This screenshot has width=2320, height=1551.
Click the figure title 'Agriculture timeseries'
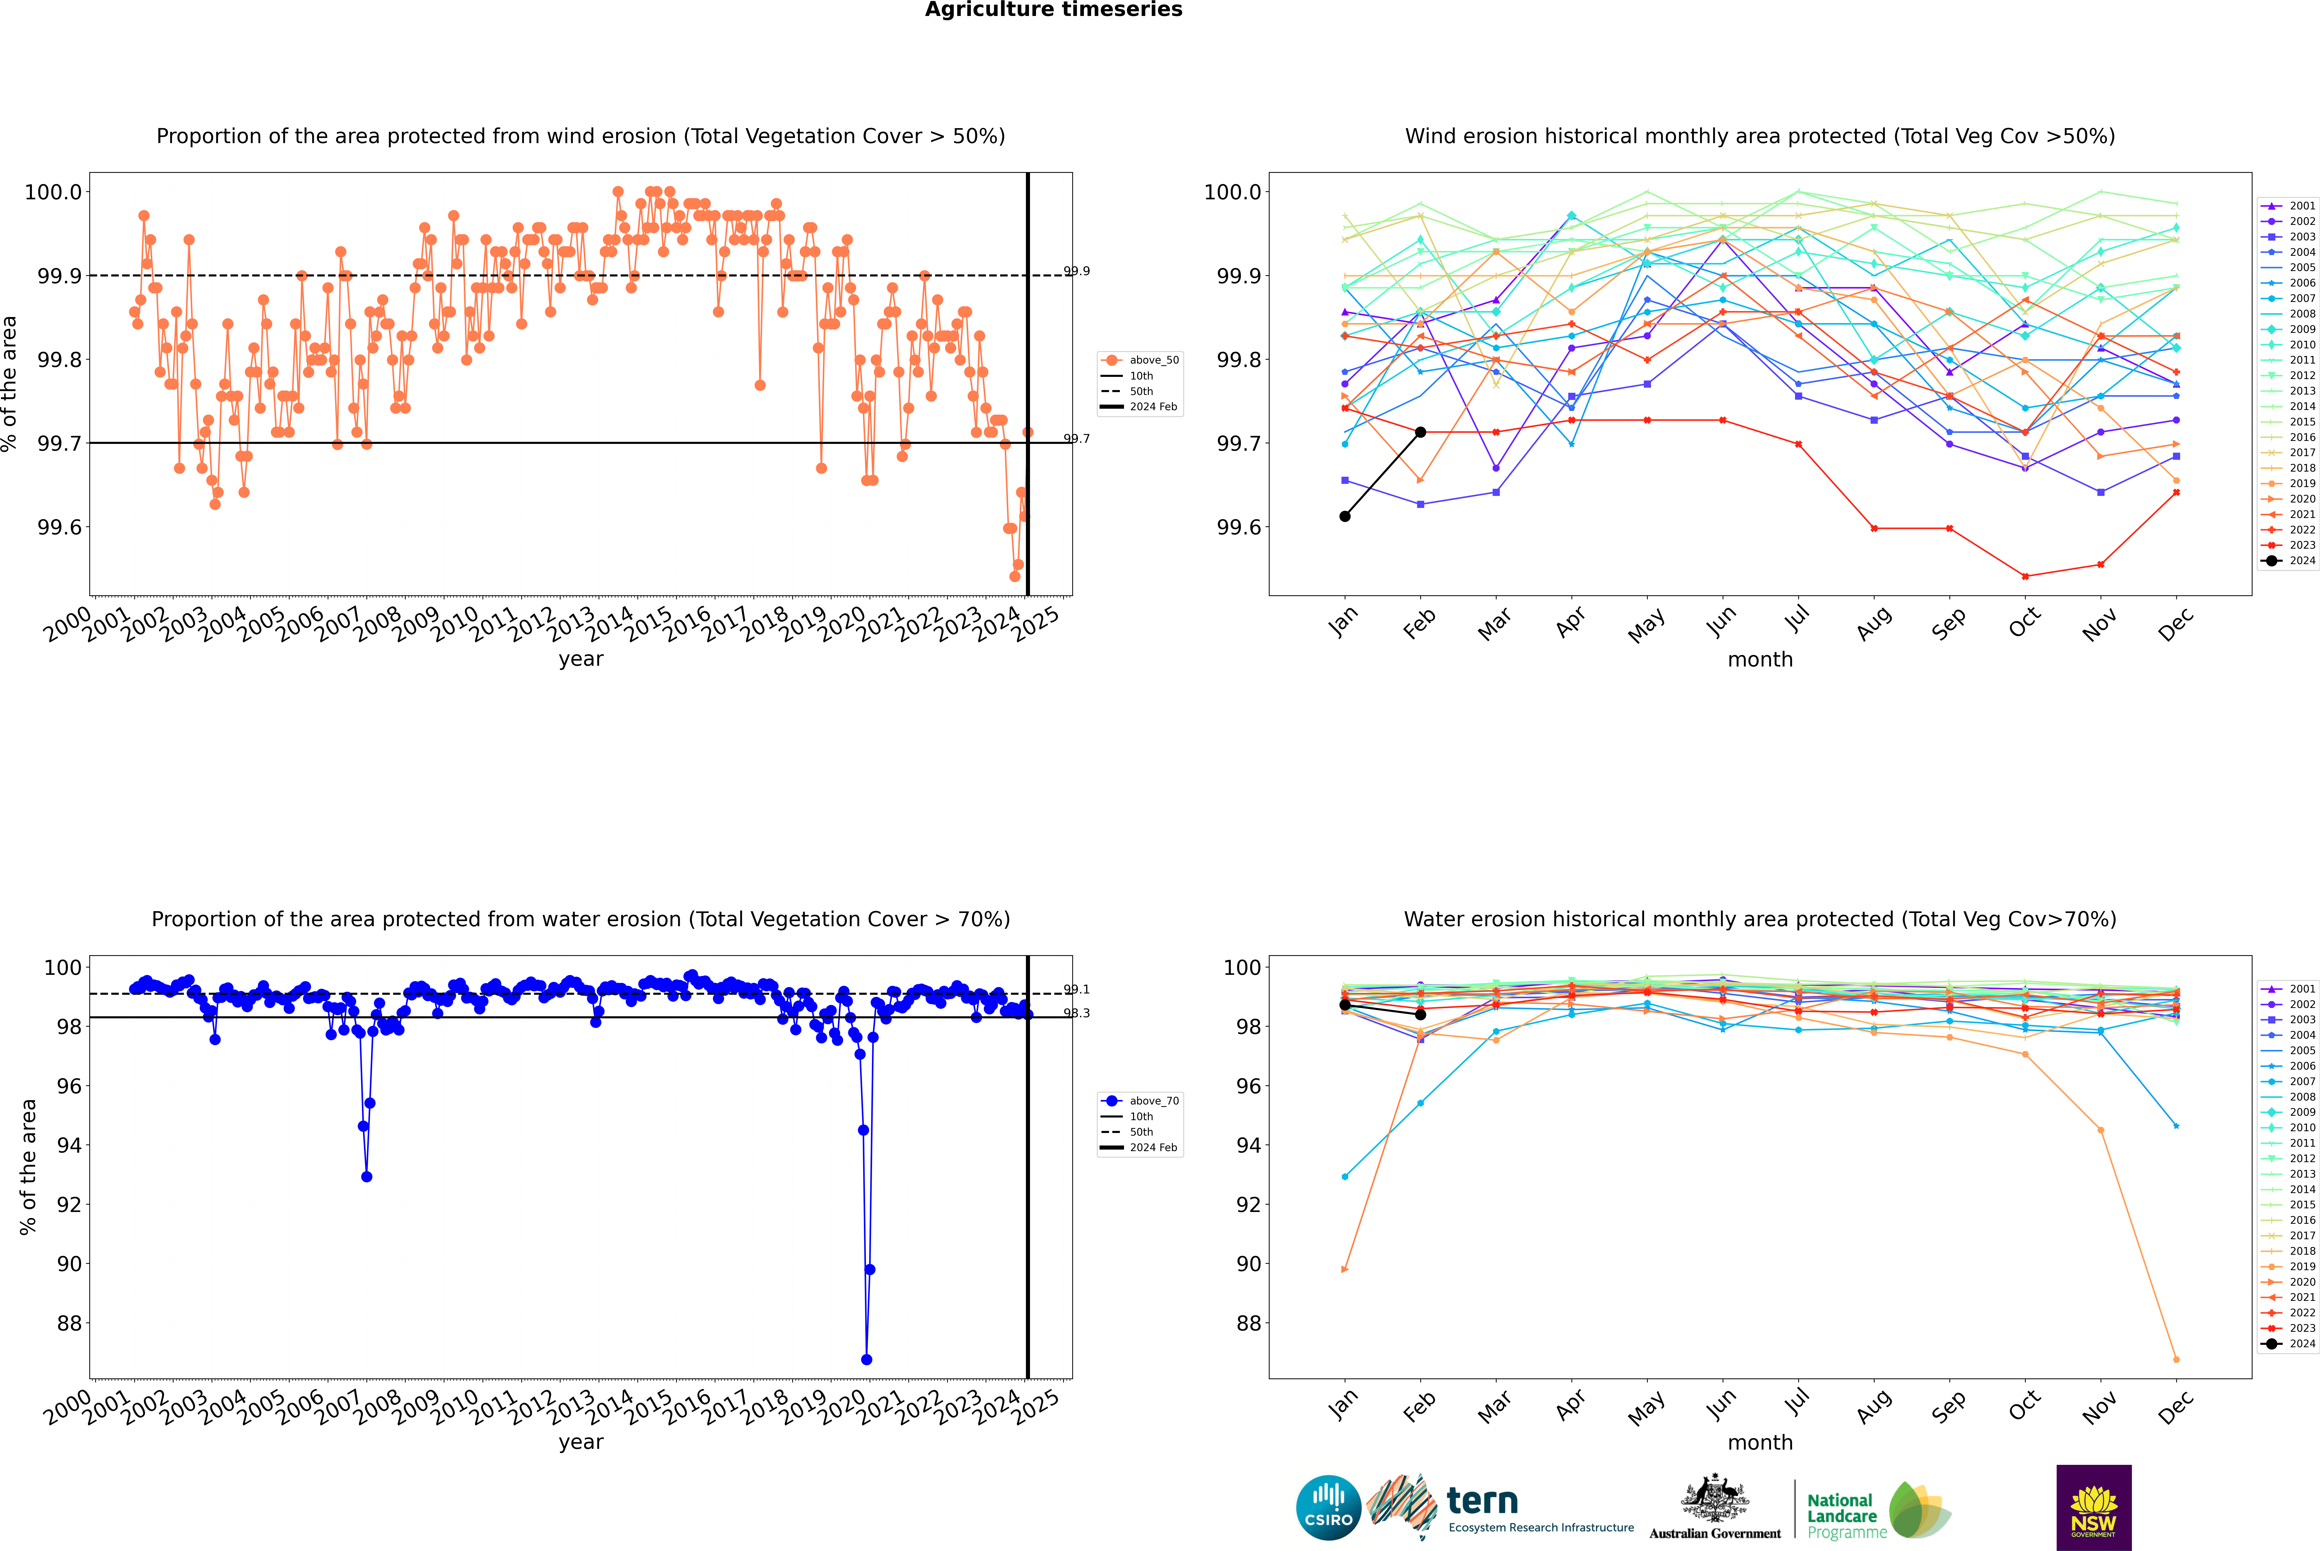[1053, 10]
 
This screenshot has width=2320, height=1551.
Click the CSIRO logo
[1328, 1508]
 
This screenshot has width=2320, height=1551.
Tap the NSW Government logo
[2093, 1508]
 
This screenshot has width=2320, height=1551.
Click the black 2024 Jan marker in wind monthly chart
[1345, 516]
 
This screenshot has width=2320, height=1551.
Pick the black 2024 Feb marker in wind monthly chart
[1420, 432]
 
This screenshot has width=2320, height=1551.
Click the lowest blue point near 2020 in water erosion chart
[866, 1359]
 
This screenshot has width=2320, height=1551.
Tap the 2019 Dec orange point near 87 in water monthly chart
[2176, 1359]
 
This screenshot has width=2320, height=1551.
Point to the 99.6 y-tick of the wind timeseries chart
[59, 527]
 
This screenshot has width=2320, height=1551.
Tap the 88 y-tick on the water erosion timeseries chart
[69, 1323]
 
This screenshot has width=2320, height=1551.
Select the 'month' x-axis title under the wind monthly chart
[1759, 660]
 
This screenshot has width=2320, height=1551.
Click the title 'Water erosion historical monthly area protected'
[1759, 919]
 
